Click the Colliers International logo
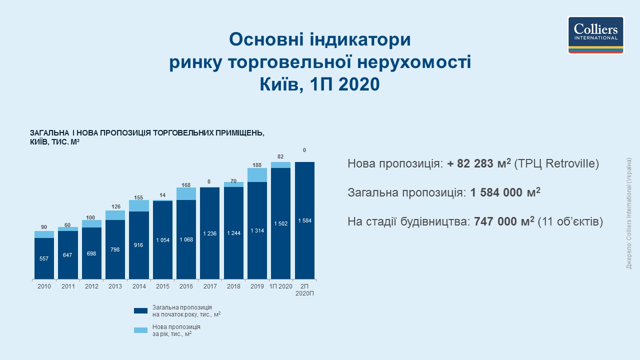pyautogui.click(x=595, y=34)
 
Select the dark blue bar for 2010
pyautogui.click(x=44, y=258)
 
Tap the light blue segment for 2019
pyautogui.click(x=257, y=175)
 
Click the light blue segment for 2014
pyautogui.click(x=139, y=205)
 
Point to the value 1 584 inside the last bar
pyautogui.click(x=304, y=220)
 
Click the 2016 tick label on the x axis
pyautogui.click(x=186, y=286)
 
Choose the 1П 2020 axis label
pyautogui.click(x=281, y=286)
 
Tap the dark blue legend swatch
pyautogui.click(x=141, y=310)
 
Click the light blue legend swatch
pyautogui.click(x=141, y=330)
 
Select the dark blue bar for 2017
pyautogui.click(x=210, y=233)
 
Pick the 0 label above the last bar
pyautogui.click(x=304, y=150)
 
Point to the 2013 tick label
pyautogui.click(x=115, y=286)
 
